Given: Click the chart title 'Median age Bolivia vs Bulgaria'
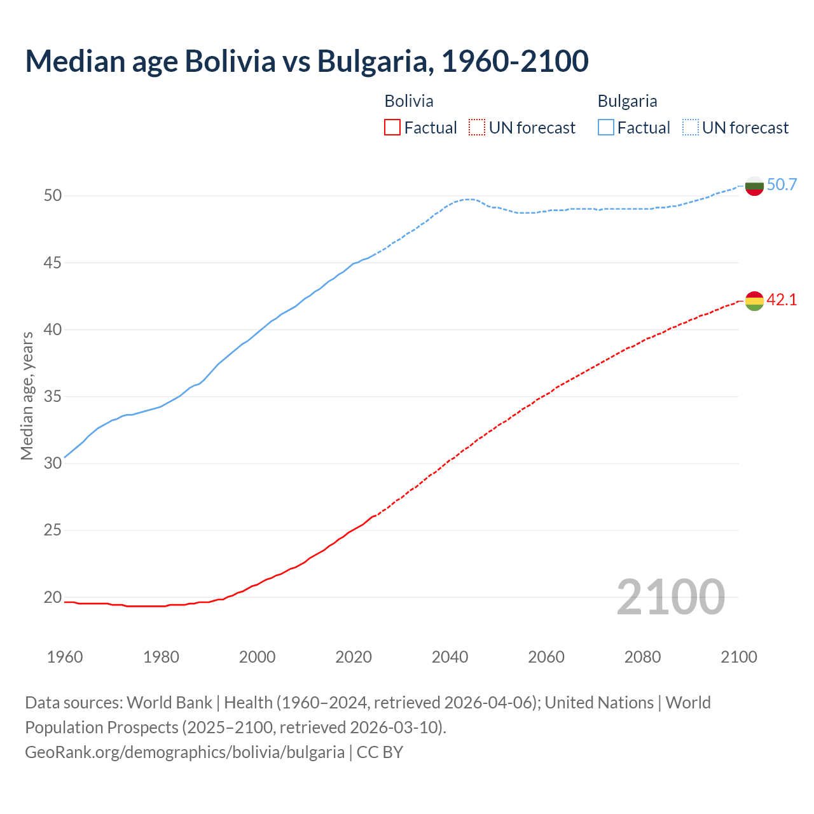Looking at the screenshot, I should [x=307, y=61].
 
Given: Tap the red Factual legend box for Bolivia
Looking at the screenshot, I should [x=392, y=128].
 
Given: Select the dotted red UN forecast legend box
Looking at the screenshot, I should [x=477, y=128].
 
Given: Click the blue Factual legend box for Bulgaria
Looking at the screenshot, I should [x=606, y=128].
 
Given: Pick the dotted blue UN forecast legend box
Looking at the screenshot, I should [x=691, y=128].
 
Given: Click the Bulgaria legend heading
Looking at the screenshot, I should [x=627, y=101].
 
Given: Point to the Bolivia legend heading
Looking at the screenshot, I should [x=409, y=101].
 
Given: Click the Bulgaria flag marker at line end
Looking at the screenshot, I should [x=754, y=186].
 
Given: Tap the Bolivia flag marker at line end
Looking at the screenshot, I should [x=754, y=301].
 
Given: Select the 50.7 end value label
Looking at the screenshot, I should [x=782, y=185].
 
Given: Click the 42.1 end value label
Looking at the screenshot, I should [x=782, y=300].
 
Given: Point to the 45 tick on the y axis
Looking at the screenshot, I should [x=53, y=263].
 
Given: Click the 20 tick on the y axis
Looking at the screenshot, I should [x=53, y=597].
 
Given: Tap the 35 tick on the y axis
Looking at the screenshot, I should [x=53, y=397].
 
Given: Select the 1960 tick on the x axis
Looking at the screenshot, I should [x=65, y=657].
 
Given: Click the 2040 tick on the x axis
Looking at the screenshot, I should [x=450, y=657].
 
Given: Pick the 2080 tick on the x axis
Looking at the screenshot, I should [x=642, y=657].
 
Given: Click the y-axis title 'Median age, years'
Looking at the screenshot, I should [x=27, y=396].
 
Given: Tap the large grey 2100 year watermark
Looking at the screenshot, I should [x=670, y=597].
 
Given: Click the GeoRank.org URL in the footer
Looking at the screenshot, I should [x=184, y=752].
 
